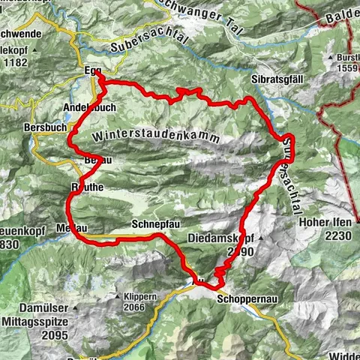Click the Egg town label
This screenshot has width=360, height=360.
pyautogui.click(x=91, y=71)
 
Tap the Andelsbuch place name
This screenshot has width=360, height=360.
pyautogui.click(x=90, y=108)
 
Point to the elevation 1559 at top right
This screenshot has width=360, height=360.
pyautogui.click(x=345, y=68)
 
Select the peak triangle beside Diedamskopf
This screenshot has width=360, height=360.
pyautogui.click(x=256, y=236)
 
